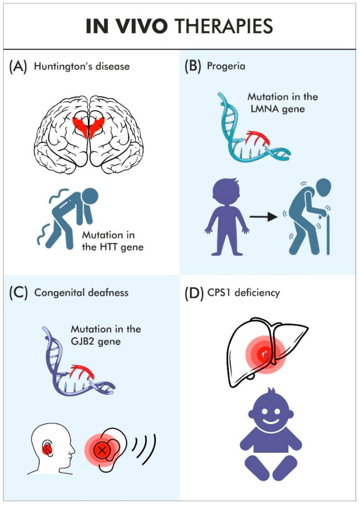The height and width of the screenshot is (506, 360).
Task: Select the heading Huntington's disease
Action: (x=82, y=66)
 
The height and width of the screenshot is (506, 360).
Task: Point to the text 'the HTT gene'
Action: (x=113, y=247)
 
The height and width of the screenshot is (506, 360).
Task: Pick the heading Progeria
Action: (x=226, y=66)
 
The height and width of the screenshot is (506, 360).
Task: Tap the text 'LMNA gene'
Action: (x=278, y=109)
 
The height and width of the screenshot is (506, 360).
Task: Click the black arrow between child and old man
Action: (x=263, y=217)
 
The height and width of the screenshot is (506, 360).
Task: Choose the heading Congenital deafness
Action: (x=82, y=293)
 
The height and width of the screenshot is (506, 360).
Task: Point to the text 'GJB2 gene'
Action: (x=96, y=342)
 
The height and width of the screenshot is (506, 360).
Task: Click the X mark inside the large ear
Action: (x=102, y=449)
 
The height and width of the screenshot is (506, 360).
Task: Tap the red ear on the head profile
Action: (x=47, y=448)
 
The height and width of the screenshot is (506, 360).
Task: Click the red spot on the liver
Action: (x=265, y=354)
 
